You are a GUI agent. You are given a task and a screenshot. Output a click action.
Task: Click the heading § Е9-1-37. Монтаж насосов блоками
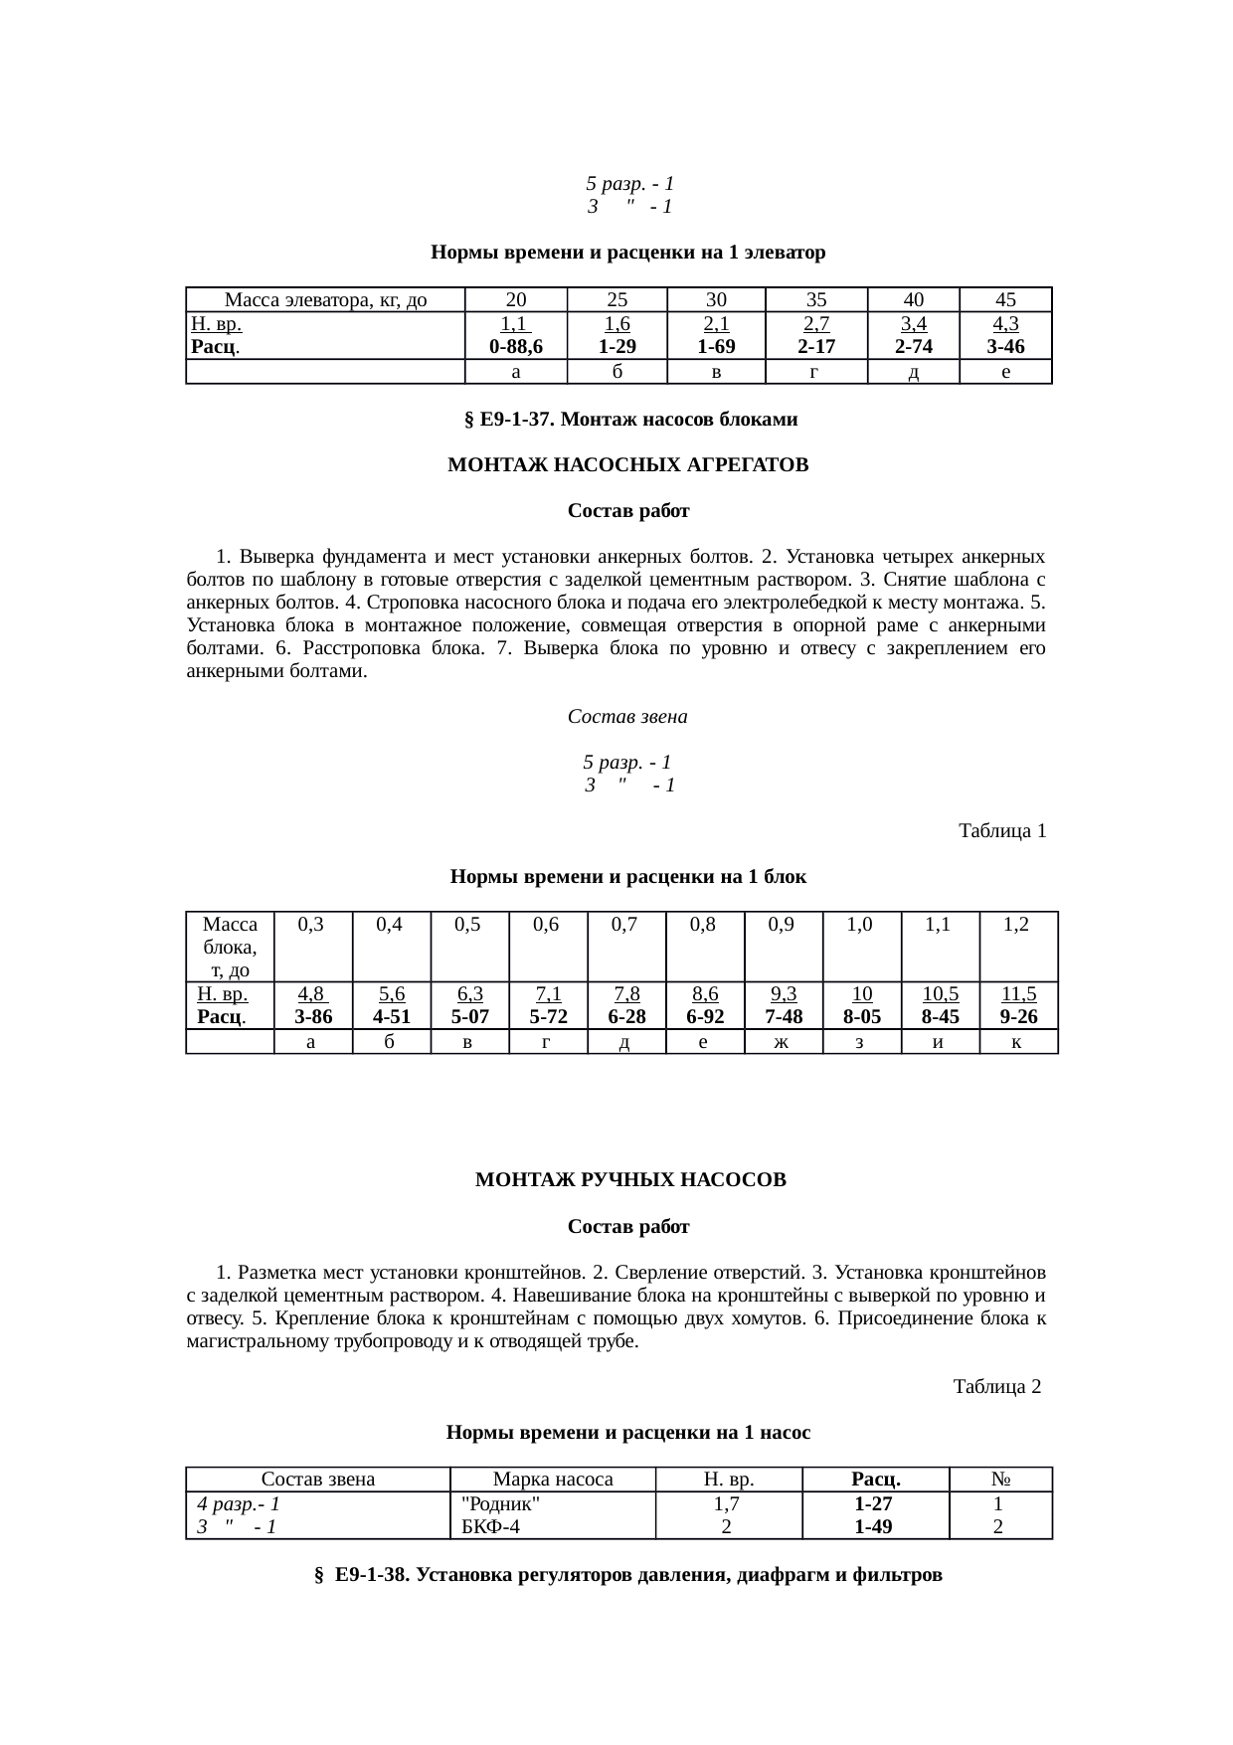tap(630, 420)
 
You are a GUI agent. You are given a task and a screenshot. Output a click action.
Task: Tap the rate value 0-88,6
tap(516, 347)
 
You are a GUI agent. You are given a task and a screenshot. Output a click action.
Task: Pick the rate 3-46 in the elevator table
tap(1005, 347)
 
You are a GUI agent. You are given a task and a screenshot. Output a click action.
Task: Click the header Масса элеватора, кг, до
tap(326, 299)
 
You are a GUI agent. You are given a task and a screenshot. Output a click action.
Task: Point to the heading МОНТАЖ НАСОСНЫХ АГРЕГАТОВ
tap(628, 465)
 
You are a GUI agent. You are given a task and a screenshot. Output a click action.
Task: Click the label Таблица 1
tap(1001, 830)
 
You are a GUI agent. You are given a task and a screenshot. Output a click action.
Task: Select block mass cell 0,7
tap(625, 924)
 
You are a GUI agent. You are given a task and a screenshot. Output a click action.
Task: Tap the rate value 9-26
tap(1018, 1017)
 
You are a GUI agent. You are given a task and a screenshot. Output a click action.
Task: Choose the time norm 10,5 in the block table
tap(940, 994)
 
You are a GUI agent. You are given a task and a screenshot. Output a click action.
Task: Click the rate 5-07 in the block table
tap(469, 1017)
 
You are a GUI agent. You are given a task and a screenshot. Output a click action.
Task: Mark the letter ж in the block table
tap(783, 1041)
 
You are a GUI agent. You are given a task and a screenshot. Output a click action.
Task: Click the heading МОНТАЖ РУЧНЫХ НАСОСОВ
tap(630, 1180)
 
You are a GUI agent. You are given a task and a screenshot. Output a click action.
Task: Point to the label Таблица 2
tap(996, 1386)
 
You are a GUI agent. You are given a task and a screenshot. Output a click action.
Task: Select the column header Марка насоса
tap(553, 1479)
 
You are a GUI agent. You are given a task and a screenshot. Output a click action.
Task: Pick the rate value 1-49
tap(873, 1526)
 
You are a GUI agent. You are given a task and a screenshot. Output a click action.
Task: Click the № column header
tap(1000, 1479)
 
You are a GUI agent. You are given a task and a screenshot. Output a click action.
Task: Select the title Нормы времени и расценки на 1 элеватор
tap(628, 253)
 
